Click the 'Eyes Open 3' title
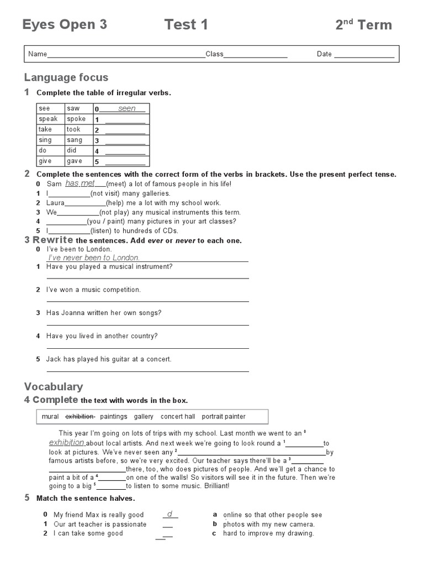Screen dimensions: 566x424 [x=65, y=24]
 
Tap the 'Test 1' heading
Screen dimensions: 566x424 [x=186, y=24]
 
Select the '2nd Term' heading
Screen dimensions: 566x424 [x=363, y=25]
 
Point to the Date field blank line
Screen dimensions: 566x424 [x=364, y=54]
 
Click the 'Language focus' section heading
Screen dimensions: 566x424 [x=66, y=77]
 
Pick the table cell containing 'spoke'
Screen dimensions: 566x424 [x=77, y=119]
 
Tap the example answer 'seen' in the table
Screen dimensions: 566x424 [x=126, y=108]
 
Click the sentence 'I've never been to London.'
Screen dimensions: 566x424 [x=94, y=258]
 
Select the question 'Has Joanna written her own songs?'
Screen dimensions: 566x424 [x=104, y=313]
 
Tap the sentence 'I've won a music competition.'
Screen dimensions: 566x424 [x=94, y=290]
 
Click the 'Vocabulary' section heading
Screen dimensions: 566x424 [x=54, y=386]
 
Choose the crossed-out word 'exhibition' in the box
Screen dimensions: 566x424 [x=80, y=416]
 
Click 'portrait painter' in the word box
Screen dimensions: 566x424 [x=224, y=416]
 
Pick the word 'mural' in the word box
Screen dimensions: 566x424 [x=50, y=416]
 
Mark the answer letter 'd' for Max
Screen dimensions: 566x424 [x=170, y=514]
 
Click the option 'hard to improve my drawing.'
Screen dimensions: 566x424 [x=268, y=533]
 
